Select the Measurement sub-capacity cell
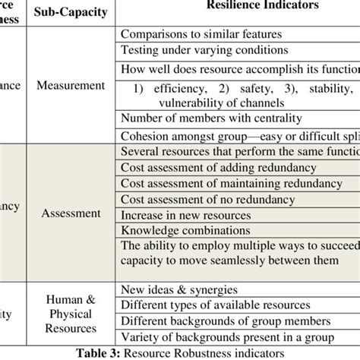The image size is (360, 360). [x=71, y=85]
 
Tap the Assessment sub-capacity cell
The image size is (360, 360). [x=71, y=213]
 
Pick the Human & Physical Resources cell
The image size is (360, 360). [x=70, y=314]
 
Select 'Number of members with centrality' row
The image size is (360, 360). [x=211, y=119]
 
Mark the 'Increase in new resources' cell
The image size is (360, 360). [x=183, y=215]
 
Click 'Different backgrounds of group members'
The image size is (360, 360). [x=226, y=321]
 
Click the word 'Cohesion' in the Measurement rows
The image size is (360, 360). [x=146, y=135]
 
